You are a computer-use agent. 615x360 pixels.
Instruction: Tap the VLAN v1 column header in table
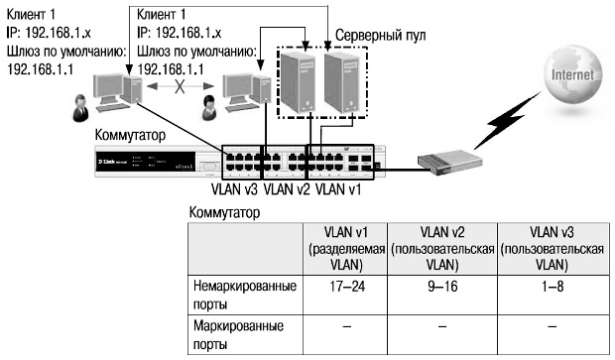click(346, 248)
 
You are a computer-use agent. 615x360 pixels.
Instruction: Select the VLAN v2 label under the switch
click(289, 186)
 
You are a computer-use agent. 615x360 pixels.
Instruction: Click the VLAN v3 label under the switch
click(234, 186)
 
